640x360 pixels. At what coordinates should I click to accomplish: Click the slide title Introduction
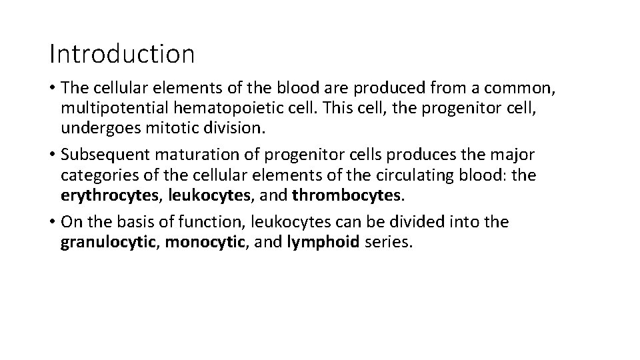122,54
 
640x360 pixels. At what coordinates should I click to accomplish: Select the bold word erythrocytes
111,195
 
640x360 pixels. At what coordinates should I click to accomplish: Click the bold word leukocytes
207,195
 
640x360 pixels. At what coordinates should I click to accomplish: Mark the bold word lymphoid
324,241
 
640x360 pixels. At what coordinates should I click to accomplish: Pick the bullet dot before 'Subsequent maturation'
53,155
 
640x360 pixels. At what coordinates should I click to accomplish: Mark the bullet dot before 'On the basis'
53,222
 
